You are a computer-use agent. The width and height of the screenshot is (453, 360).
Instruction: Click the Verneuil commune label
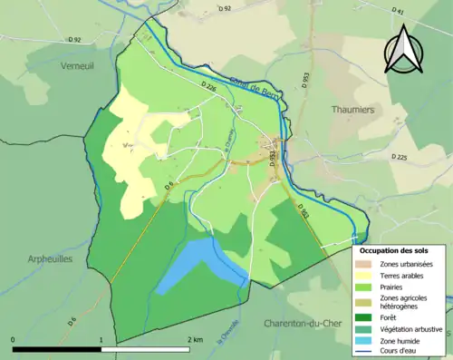coord(76,67)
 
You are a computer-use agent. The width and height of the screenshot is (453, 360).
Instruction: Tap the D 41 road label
coord(397,12)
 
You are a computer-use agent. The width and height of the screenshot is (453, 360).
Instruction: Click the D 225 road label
coord(400,157)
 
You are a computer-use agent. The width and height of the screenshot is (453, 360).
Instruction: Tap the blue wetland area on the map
coord(195,264)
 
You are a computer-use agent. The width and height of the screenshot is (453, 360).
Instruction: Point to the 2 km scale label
coord(194,340)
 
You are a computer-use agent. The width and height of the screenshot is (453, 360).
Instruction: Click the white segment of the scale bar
coord(146,348)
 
